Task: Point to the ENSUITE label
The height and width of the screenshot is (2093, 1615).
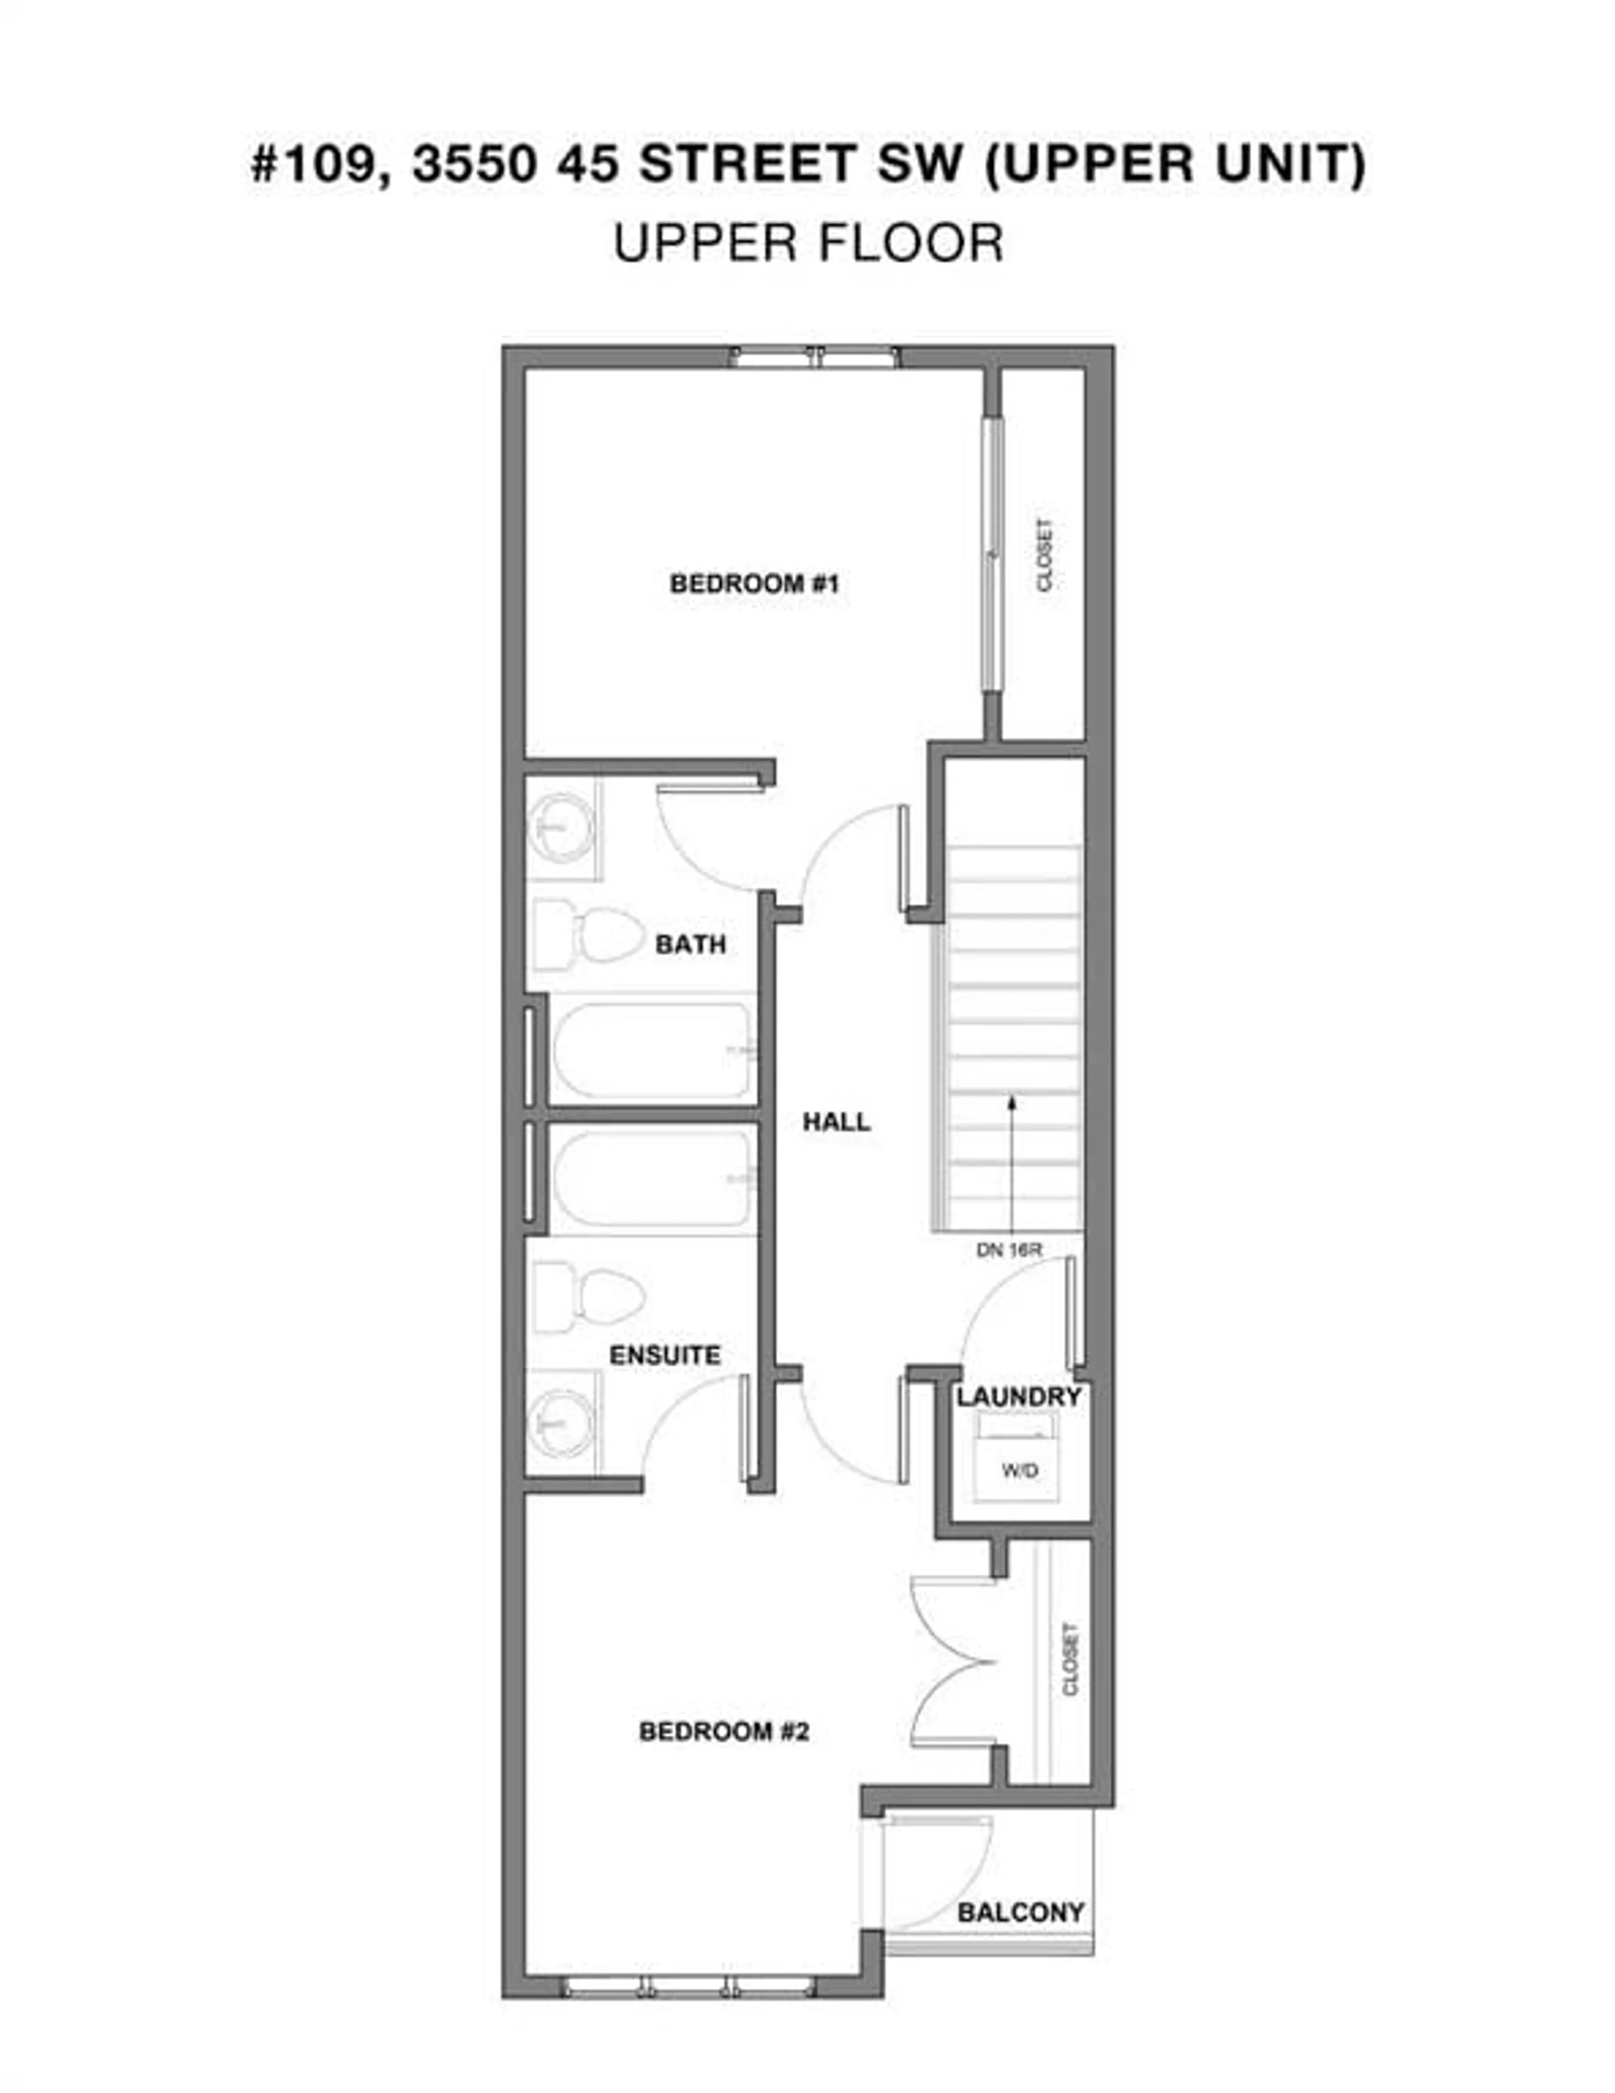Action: point(665,1355)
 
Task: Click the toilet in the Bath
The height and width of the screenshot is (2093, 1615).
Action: point(586,935)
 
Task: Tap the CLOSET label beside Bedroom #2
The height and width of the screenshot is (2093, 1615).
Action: point(1070,1659)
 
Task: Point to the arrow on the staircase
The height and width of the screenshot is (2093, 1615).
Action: point(1011,1160)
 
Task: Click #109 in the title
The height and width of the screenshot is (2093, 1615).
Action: point(311,164)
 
